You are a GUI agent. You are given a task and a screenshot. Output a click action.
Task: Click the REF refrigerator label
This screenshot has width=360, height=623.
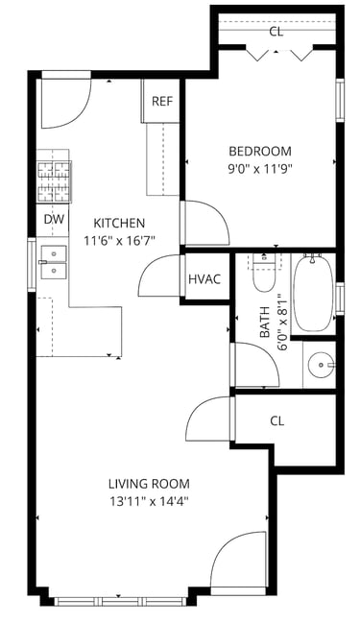[162, 101]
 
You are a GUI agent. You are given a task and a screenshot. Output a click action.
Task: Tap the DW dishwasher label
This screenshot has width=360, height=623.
[54, 219]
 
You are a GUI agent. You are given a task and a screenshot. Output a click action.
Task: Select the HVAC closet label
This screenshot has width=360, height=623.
[204, 279]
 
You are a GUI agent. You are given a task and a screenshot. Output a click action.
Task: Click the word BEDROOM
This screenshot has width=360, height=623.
[260, 152]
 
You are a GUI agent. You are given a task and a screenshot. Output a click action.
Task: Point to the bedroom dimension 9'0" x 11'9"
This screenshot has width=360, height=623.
[260, 170]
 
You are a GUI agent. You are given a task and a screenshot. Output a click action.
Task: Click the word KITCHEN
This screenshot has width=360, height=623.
[119, 223]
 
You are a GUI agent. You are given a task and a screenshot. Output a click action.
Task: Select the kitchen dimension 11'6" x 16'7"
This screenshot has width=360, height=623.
[119, 241]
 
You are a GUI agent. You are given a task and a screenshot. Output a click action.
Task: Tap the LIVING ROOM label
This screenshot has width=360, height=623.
[149, 484]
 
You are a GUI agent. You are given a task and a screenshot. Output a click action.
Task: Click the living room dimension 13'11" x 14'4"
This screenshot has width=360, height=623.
[149, 502]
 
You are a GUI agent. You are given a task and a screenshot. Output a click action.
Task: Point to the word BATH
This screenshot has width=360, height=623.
[265, 322]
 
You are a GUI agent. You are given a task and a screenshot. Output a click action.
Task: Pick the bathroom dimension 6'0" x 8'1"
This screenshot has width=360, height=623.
[281, 322]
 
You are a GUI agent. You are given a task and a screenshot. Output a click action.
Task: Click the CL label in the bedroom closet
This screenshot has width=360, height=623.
[276, 32]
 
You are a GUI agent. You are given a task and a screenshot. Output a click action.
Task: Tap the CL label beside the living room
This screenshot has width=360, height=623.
[276, 420]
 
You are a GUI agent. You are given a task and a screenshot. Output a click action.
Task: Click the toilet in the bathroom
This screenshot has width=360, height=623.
[264, 275]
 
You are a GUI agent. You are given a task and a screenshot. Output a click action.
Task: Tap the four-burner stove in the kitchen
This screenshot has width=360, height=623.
[54, 181]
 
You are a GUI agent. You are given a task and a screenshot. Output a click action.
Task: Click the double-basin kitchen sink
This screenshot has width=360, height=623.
[54, 262]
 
